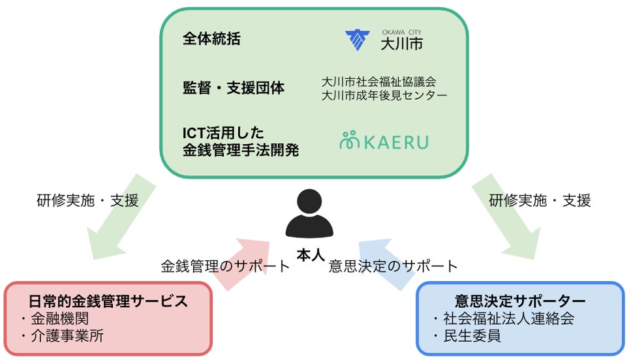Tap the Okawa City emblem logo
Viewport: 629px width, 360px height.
[358, 40]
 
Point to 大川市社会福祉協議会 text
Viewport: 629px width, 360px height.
[378, 82]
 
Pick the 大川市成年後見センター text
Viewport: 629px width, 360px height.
[384, 95]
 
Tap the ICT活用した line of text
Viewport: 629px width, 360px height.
[223, 132]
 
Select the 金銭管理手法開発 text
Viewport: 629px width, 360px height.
[241, 150]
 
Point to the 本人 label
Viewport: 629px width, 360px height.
[310, 256]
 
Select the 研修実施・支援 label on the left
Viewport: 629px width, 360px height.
[87, 200]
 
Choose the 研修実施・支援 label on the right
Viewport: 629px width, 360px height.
[540, 200]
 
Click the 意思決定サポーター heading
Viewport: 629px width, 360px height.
[519, 301]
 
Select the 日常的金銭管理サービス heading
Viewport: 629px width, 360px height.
[108, 301]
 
